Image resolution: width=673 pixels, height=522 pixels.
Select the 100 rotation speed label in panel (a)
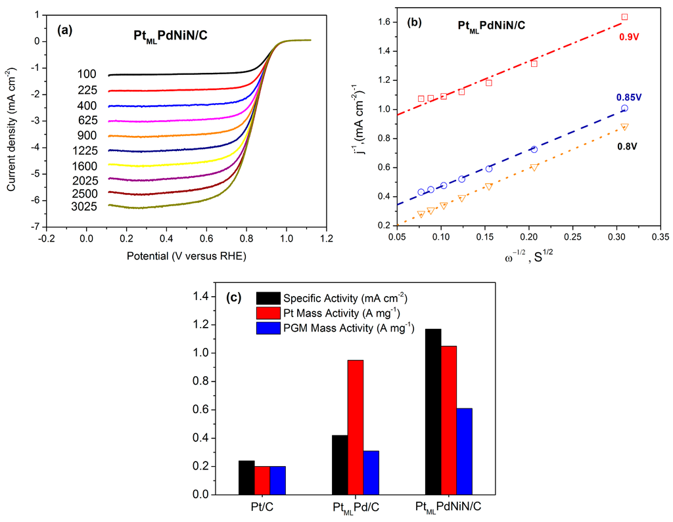point(87,76)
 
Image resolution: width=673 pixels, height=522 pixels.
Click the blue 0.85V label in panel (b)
point(629,97)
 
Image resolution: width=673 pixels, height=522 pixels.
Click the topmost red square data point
point(624,17)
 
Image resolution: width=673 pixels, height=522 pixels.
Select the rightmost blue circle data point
point(624,108)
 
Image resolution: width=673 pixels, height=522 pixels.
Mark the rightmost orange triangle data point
point(624,127)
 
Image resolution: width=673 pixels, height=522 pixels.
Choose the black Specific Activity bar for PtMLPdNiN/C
point(433,411)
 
